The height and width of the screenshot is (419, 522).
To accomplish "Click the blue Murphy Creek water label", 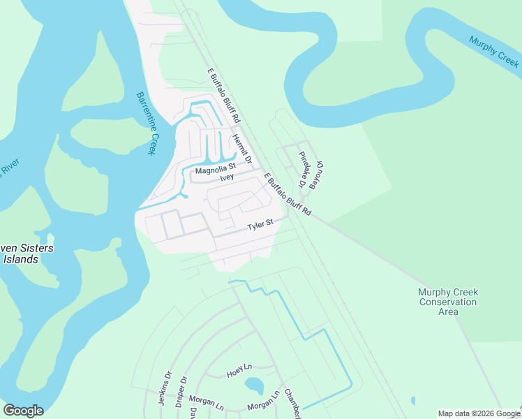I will [x=493, y=52].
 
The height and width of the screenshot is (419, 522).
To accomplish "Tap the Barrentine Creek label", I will [x=145, y=124].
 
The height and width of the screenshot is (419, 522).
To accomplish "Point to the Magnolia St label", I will [x=216, y=168].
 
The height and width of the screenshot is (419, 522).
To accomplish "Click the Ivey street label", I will [x=226, y=177].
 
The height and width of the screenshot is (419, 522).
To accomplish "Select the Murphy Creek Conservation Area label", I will [x=447, y=302].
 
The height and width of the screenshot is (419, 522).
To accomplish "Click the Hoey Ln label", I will [x=239, y=374].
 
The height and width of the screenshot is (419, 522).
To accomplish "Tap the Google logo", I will [x=23, y=410].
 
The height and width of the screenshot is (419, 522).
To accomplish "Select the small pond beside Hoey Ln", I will [x=254, y=385].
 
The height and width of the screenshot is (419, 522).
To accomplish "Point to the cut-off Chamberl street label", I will [x=292, y=403].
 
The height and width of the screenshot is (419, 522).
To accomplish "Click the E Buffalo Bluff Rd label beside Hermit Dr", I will [x=223, y=96].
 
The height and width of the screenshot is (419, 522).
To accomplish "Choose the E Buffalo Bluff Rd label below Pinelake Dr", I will [x=287, y=195].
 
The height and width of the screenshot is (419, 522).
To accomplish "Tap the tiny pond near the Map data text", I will [x=413, y=401].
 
